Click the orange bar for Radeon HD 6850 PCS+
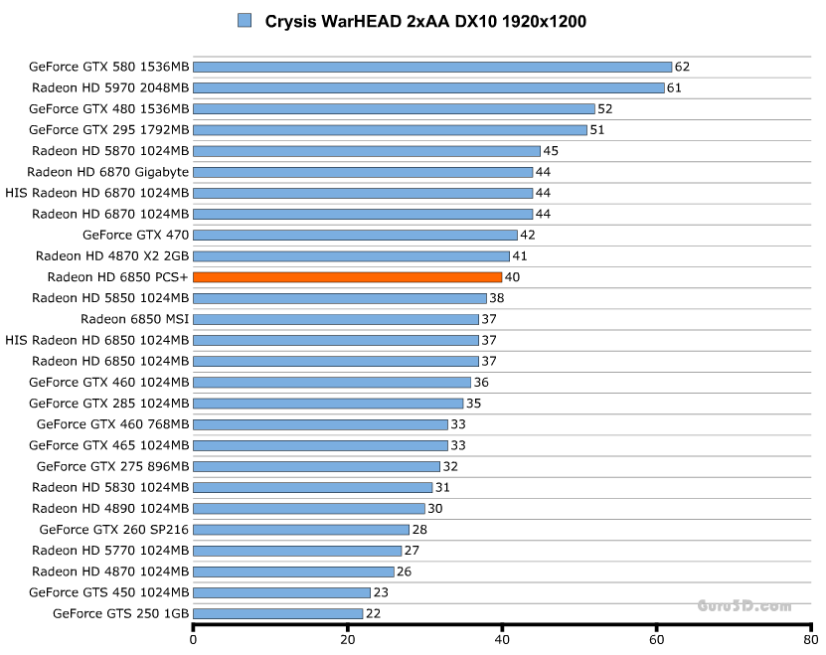pos(347,277)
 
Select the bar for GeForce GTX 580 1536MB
pos(432,67)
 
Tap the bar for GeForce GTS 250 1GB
pos(277,613)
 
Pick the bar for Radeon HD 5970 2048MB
pos(428,87)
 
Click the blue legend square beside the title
pos(245,20)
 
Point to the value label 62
pos(682,67)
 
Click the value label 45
pos(551,151)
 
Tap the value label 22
pos(373,613)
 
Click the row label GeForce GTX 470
pos(135,235)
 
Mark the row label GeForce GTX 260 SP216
pos(113,529)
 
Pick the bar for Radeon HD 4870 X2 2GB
pos(351,255)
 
